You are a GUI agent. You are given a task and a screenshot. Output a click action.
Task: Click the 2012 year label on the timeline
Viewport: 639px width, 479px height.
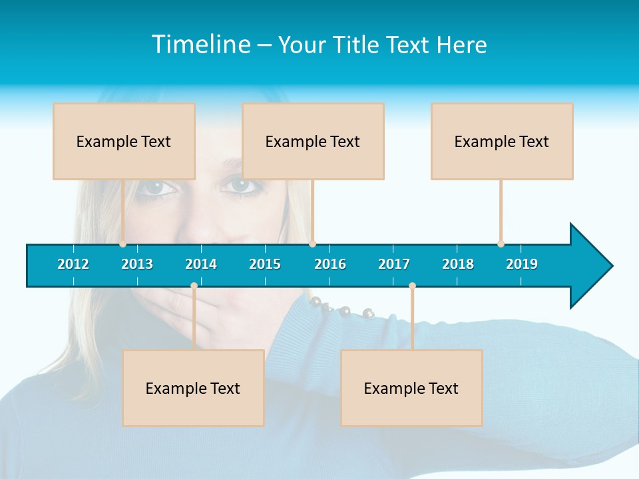[73, 264]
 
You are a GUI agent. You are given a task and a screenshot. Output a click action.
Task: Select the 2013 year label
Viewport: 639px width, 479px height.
[137, 264]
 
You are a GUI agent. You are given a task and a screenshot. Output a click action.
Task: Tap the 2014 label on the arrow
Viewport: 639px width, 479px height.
[201, 264]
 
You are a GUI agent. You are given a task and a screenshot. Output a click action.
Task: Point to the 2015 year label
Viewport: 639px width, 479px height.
[265, 264]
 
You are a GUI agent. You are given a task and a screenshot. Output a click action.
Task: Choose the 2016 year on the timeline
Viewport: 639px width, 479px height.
[330, 264]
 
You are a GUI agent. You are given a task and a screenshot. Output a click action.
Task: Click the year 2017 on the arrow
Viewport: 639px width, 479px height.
[394, 264]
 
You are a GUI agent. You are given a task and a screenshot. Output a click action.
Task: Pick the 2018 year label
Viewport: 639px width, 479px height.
[458, 264]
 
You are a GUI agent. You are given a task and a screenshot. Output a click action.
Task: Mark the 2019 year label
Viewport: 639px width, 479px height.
[522, 264]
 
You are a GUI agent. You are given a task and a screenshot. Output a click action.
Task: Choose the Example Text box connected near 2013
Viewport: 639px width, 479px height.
[124, 141]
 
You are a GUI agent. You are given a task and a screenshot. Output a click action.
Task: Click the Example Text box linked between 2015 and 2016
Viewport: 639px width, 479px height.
[313, 141]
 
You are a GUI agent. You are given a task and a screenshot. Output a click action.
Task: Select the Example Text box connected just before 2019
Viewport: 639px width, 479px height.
[502, 141]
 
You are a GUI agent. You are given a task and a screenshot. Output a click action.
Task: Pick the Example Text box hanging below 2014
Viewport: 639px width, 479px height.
[193, 388]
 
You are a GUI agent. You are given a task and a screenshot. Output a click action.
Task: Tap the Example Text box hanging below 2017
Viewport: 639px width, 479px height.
[411, 388]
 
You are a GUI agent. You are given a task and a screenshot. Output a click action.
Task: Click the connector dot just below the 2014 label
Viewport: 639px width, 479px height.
[194, 286]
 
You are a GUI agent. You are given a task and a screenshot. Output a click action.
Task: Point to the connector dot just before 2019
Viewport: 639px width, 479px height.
[501, 243]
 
